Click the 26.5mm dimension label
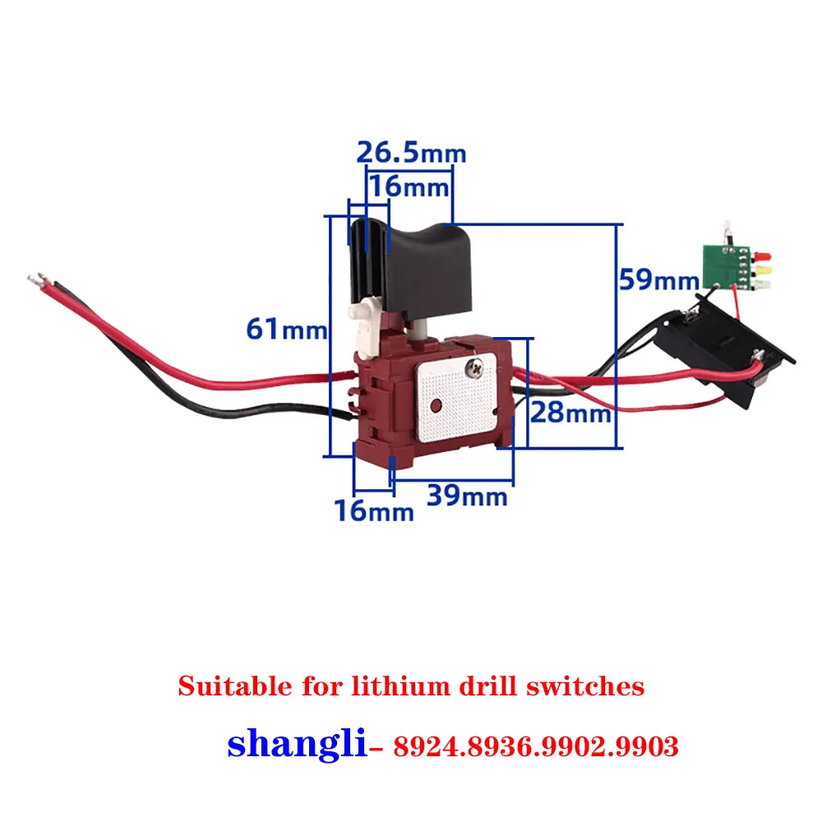410,153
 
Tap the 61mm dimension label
287,330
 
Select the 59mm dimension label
658,279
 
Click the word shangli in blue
296,744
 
